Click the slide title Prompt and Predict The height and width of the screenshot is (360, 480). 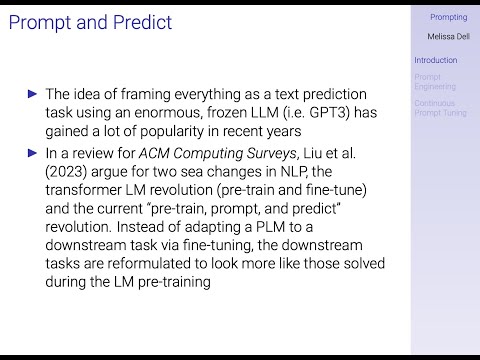point(90,23)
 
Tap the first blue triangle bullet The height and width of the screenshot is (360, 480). point(32,94)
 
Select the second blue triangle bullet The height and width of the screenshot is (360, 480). point(32,153)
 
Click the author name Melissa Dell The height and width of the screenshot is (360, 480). point(449,36)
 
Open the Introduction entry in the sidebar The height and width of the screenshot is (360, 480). point(436,60)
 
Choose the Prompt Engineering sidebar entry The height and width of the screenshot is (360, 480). point(435,82)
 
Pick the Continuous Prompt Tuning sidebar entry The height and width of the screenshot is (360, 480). point(440,108)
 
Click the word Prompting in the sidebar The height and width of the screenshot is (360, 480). point(449,17)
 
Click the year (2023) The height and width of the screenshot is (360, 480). point(66,172)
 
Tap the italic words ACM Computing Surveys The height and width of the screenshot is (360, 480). point(217,153)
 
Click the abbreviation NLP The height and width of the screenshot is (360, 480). point(294,172)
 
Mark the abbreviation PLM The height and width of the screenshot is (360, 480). point(270,227)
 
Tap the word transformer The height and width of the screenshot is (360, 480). point(83,190)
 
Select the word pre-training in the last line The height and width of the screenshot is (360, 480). point(174,282)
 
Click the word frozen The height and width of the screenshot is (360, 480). point(226,112)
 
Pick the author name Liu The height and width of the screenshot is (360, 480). point(312,153)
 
